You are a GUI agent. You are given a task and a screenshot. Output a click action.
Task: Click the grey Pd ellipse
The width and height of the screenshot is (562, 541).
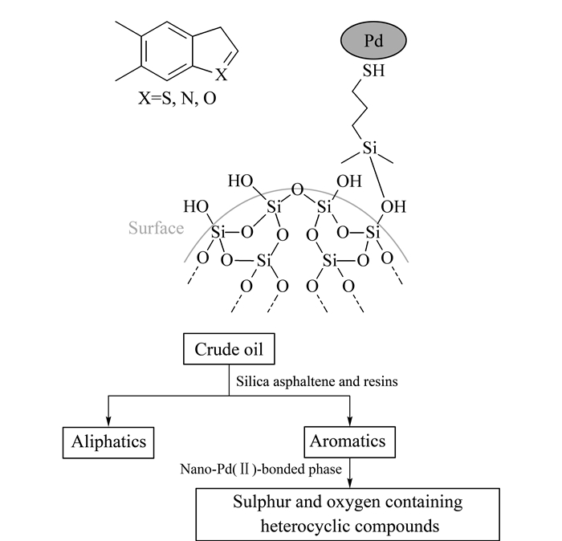pos(373,40)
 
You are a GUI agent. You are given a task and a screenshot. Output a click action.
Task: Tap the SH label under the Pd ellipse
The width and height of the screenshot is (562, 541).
pos(373,71)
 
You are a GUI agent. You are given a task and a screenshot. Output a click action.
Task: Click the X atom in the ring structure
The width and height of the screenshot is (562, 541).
pos(221,75)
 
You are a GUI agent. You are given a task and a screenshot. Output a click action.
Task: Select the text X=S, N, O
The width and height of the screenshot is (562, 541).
pos(177,98)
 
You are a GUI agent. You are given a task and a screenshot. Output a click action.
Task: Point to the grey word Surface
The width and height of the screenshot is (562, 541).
pos(156,228)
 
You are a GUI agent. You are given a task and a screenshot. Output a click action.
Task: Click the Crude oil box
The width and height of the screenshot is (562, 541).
pos(229,349)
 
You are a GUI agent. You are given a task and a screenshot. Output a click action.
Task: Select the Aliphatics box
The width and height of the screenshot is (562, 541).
pos(108,442)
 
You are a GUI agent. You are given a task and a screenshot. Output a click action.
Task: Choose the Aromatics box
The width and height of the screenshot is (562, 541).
pos(350,441)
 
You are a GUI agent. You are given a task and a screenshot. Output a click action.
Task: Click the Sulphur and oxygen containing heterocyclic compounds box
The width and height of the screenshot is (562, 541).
pos(348,515)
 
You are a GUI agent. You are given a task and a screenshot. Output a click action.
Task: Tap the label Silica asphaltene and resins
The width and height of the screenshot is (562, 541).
pos(317,381)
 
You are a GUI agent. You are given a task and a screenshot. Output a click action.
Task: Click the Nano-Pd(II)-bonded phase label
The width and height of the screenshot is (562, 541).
pos(261,469)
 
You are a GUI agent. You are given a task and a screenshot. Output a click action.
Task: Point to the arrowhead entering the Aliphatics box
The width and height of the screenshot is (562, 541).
pos(108,421)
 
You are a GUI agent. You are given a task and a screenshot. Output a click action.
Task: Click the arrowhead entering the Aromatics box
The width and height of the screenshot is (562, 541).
pos(350,421)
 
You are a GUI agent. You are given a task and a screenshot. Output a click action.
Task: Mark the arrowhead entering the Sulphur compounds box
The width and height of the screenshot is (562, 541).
pos(350,483)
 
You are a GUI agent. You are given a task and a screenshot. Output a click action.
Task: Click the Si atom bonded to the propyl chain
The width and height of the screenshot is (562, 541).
pos(369,148)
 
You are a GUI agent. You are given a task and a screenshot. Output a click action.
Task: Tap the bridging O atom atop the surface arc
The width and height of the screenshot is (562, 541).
pos(297,189)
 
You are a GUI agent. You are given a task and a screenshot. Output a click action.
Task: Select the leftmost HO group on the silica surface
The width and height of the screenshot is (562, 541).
pos(196,207)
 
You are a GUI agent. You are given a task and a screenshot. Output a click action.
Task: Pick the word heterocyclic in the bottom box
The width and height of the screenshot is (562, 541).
pos(304,526)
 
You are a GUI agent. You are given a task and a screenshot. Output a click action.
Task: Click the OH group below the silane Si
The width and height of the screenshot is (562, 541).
pos(393,207)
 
